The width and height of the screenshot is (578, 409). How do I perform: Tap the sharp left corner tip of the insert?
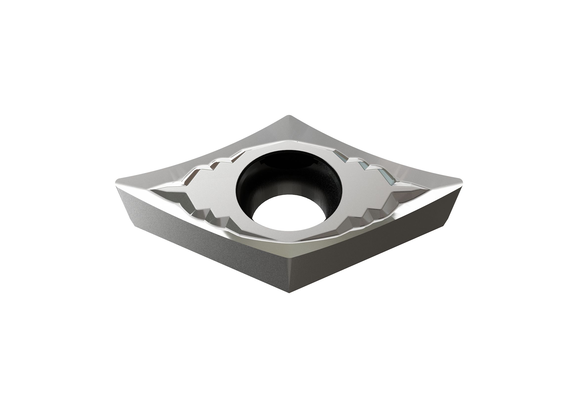click(116, 185)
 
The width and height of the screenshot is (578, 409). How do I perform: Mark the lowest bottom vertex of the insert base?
click(289, 292)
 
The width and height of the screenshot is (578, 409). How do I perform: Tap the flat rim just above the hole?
click(289, 145)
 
